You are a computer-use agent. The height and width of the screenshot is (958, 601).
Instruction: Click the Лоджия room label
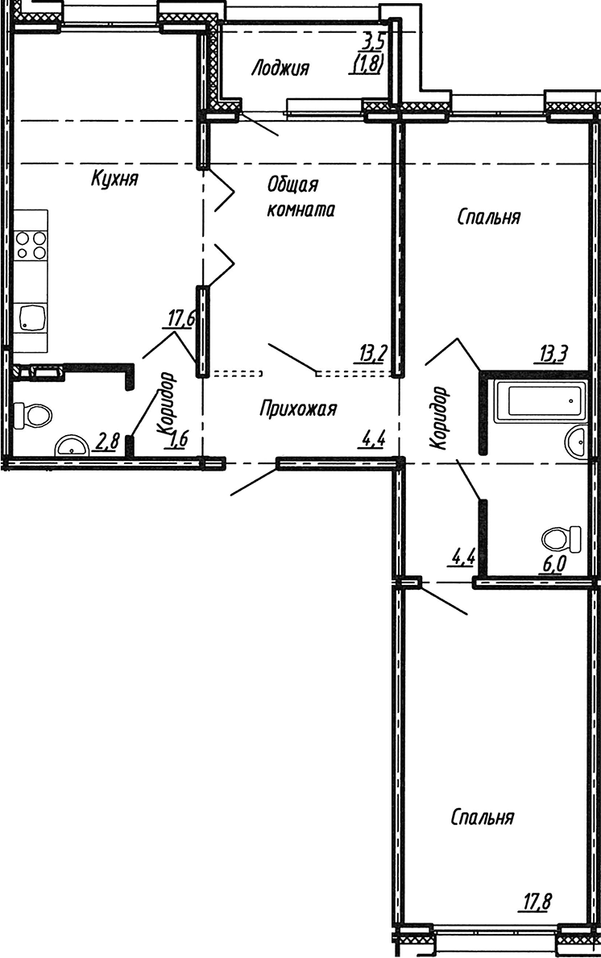280,68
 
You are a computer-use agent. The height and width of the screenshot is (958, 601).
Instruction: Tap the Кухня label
114,179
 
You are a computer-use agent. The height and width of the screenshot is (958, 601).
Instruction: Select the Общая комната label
300,197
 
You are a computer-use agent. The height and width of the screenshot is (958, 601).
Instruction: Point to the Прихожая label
297,409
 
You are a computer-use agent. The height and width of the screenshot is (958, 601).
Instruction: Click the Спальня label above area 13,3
488,217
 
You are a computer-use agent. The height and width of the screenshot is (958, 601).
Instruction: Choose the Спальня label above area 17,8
482,818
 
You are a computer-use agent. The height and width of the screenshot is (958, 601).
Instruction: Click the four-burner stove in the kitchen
31,244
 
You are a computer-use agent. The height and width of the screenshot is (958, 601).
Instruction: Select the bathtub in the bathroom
538,397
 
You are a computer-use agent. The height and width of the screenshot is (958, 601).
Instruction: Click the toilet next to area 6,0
562,537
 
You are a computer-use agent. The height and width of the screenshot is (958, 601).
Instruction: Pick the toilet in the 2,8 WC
33,415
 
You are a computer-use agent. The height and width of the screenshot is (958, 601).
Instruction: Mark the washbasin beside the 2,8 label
73,446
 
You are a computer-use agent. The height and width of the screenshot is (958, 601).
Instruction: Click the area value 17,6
180,319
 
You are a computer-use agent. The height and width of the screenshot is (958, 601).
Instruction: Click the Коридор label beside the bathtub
439,417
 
